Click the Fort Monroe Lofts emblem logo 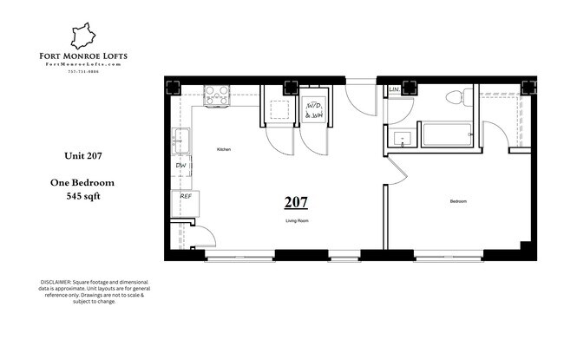[x=85, y=36]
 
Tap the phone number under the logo [x=85, y=71]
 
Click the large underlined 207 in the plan [x=296, y=203]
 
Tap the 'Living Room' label [x=298, y=221]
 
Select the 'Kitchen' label [x=224, y=150]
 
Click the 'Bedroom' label [x=458, y=201]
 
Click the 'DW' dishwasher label [x=181, y=165]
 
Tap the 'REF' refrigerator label [x=186, y=196]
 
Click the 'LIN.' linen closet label [x=395, y=89]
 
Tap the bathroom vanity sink [x=403, y=137]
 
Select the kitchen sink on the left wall [x=182, y=139]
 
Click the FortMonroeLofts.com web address [x=85, y=64]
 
